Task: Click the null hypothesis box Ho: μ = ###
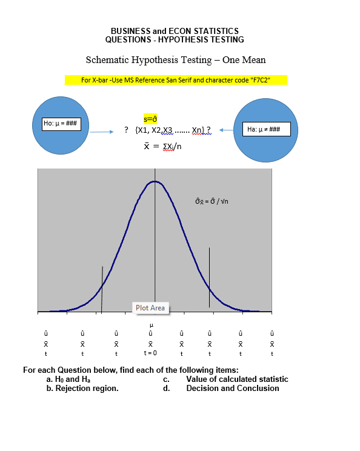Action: (63, 124)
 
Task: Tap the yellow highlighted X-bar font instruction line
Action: (175, 80)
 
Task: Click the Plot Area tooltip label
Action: (150, 308)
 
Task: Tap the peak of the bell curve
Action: (155, 181)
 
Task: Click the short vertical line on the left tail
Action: (102, 289)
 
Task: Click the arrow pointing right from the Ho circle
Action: (102, 130)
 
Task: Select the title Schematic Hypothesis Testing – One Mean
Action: (176, 60)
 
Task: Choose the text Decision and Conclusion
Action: (233, 388)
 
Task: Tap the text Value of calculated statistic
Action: (237, 379)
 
